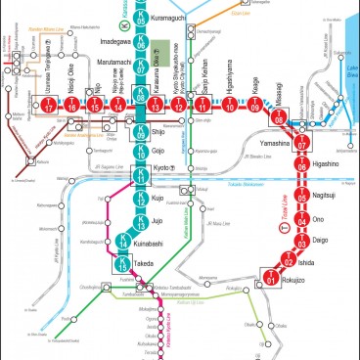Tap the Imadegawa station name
coord(102,43)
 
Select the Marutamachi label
coord(102,68)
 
